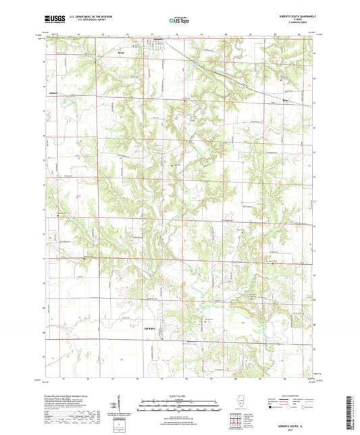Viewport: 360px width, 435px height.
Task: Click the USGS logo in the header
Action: pyautogui.click(x=56, y=21)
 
